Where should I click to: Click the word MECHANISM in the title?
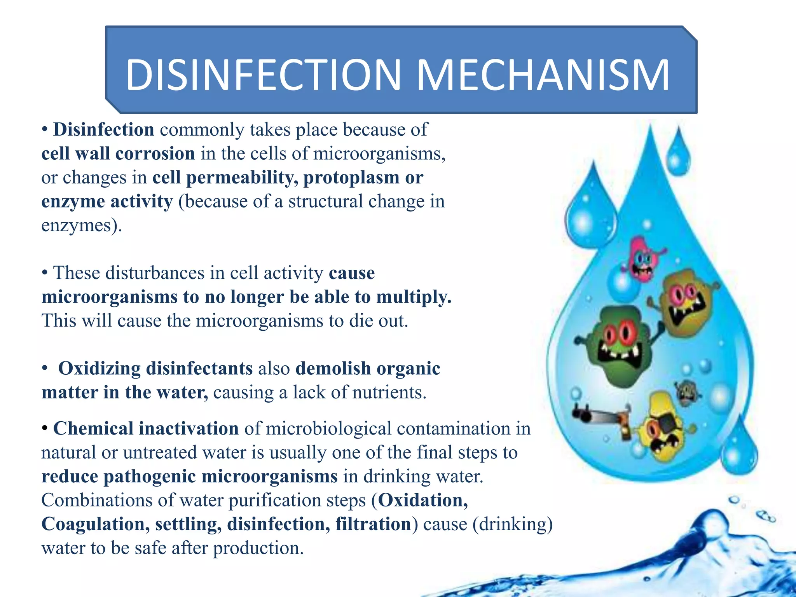point(543,75)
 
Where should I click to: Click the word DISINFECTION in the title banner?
point(263,75)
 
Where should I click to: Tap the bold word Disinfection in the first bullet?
point(104,130)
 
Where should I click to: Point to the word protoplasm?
point(351,178)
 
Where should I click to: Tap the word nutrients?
point(389,393)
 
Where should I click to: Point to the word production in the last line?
point(258,548)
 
